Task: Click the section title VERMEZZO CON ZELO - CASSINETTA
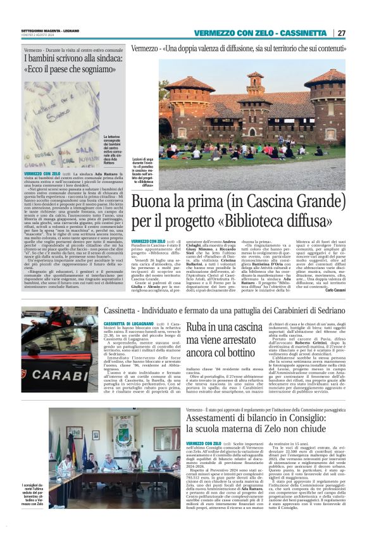(264, 33)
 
